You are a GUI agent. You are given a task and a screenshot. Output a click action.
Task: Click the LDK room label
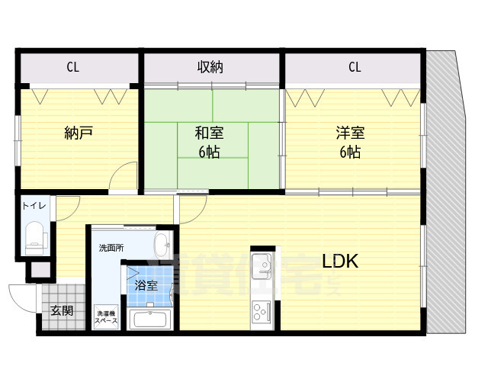click(x=340, y=261)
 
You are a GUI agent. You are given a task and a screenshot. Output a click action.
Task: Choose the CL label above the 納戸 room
click(x=72, y=67)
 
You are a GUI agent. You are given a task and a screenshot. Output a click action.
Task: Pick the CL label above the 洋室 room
click(x=355, y=67)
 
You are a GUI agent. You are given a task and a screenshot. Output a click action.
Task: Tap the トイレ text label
click(x=34, y=206)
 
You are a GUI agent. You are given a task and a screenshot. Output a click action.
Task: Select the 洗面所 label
click(x=111, y=248)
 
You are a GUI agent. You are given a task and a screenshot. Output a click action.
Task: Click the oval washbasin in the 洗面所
click(x=162, y=246)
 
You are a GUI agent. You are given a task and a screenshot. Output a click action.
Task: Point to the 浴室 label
click(x=146, y=285)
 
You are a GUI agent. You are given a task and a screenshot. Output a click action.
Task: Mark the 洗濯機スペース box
click(x=106, y=316)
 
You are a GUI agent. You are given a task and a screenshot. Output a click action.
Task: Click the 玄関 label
click(x=62, y=310)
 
